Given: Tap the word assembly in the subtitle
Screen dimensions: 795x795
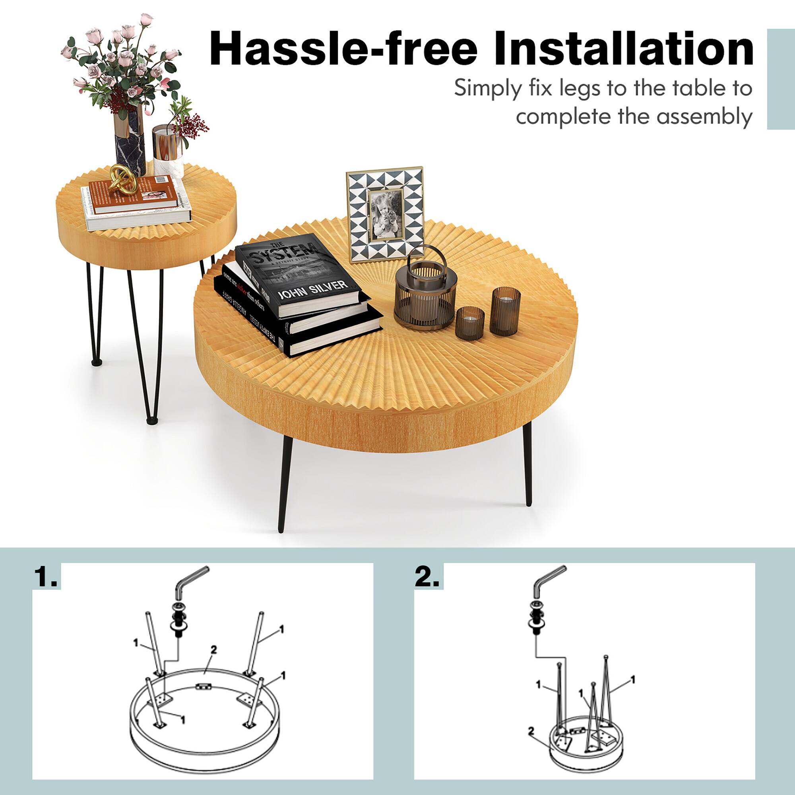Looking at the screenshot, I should click(704, 116).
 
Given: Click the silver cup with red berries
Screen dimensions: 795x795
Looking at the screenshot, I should click(168, 148).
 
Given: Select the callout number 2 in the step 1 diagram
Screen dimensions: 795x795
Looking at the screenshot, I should click(213, 650).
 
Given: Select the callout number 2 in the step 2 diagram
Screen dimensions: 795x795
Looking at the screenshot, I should click(531, 731).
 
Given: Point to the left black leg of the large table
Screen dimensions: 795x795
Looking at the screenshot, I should click(284, 486).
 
